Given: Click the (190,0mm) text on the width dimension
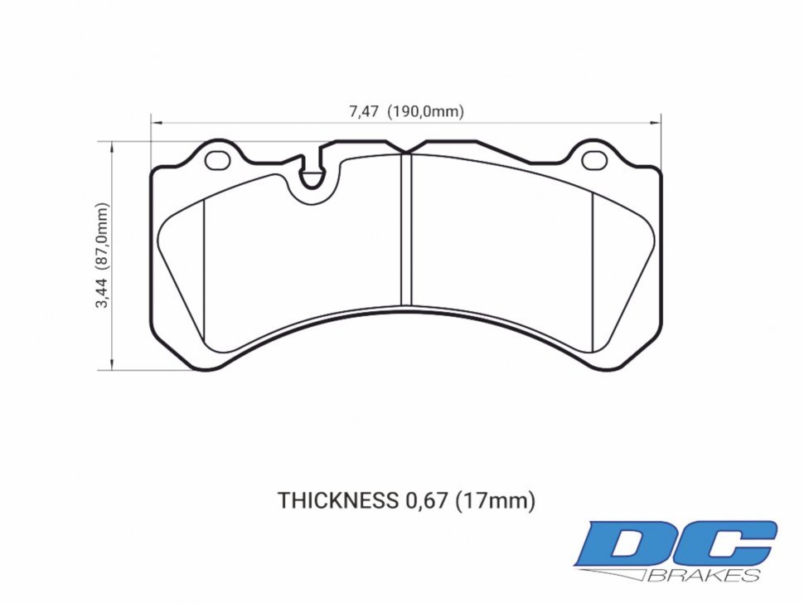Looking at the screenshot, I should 428,112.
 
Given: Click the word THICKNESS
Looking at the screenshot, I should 337,500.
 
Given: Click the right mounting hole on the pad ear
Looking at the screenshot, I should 593,158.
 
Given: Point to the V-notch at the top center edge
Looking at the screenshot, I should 404,150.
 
